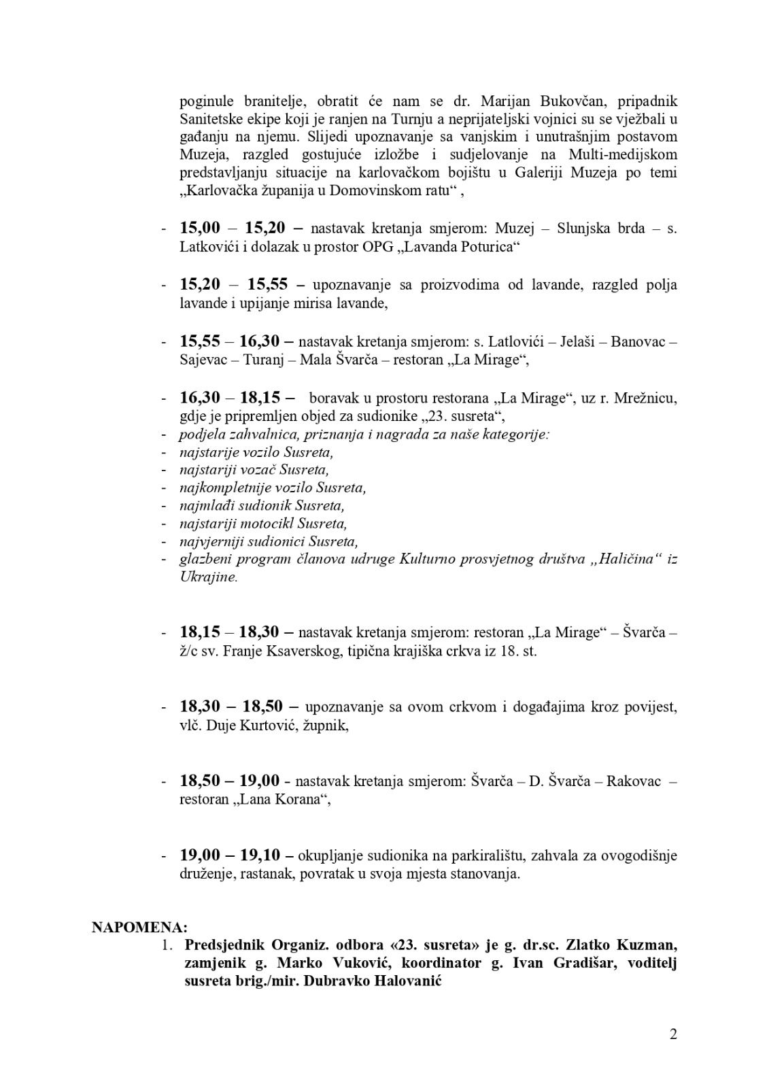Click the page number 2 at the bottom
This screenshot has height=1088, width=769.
point(672,1035)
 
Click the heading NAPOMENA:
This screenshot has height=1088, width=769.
point(140,928)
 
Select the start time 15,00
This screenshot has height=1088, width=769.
point(200,228)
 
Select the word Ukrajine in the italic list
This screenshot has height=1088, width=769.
point(209,577)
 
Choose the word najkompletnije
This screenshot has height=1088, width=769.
point(223,488)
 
